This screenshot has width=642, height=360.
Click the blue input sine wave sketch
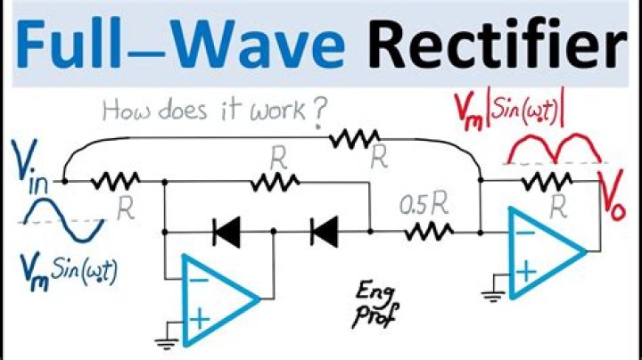62,222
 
